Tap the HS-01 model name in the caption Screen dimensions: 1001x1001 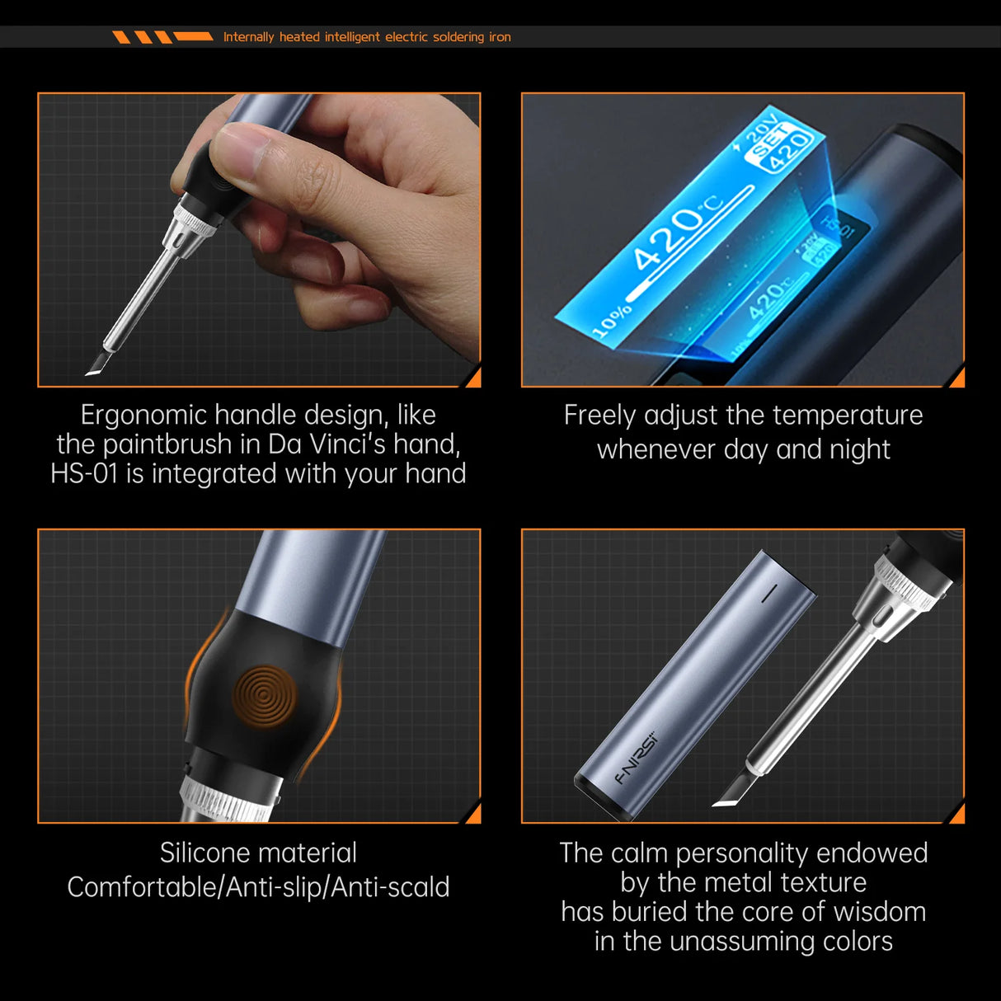(84, 474)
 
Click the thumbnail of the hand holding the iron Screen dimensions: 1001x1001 (259, 239)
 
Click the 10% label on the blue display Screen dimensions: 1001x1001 (612, 321)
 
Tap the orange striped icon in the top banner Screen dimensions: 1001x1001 (162, 37)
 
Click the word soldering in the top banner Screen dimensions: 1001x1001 (458, 37)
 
